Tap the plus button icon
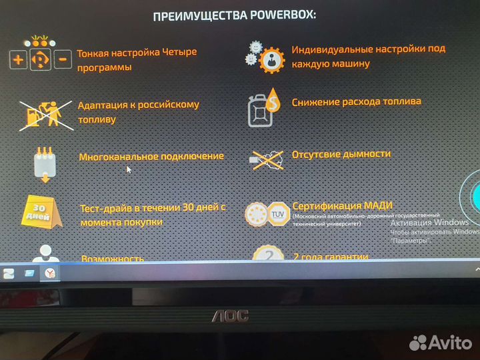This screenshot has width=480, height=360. click(19, 60)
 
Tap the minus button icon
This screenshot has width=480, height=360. click(63, 60)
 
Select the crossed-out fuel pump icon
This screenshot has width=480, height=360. click(45, 113)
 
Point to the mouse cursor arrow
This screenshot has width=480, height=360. click(129, 169)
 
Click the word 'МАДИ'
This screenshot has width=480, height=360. click(378, 205)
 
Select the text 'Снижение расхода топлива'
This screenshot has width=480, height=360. click(356, 102)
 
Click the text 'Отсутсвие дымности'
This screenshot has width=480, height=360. click(341, 154)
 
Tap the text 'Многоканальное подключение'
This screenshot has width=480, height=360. click(151, 157)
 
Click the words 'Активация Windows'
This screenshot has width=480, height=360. click(429, 223)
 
